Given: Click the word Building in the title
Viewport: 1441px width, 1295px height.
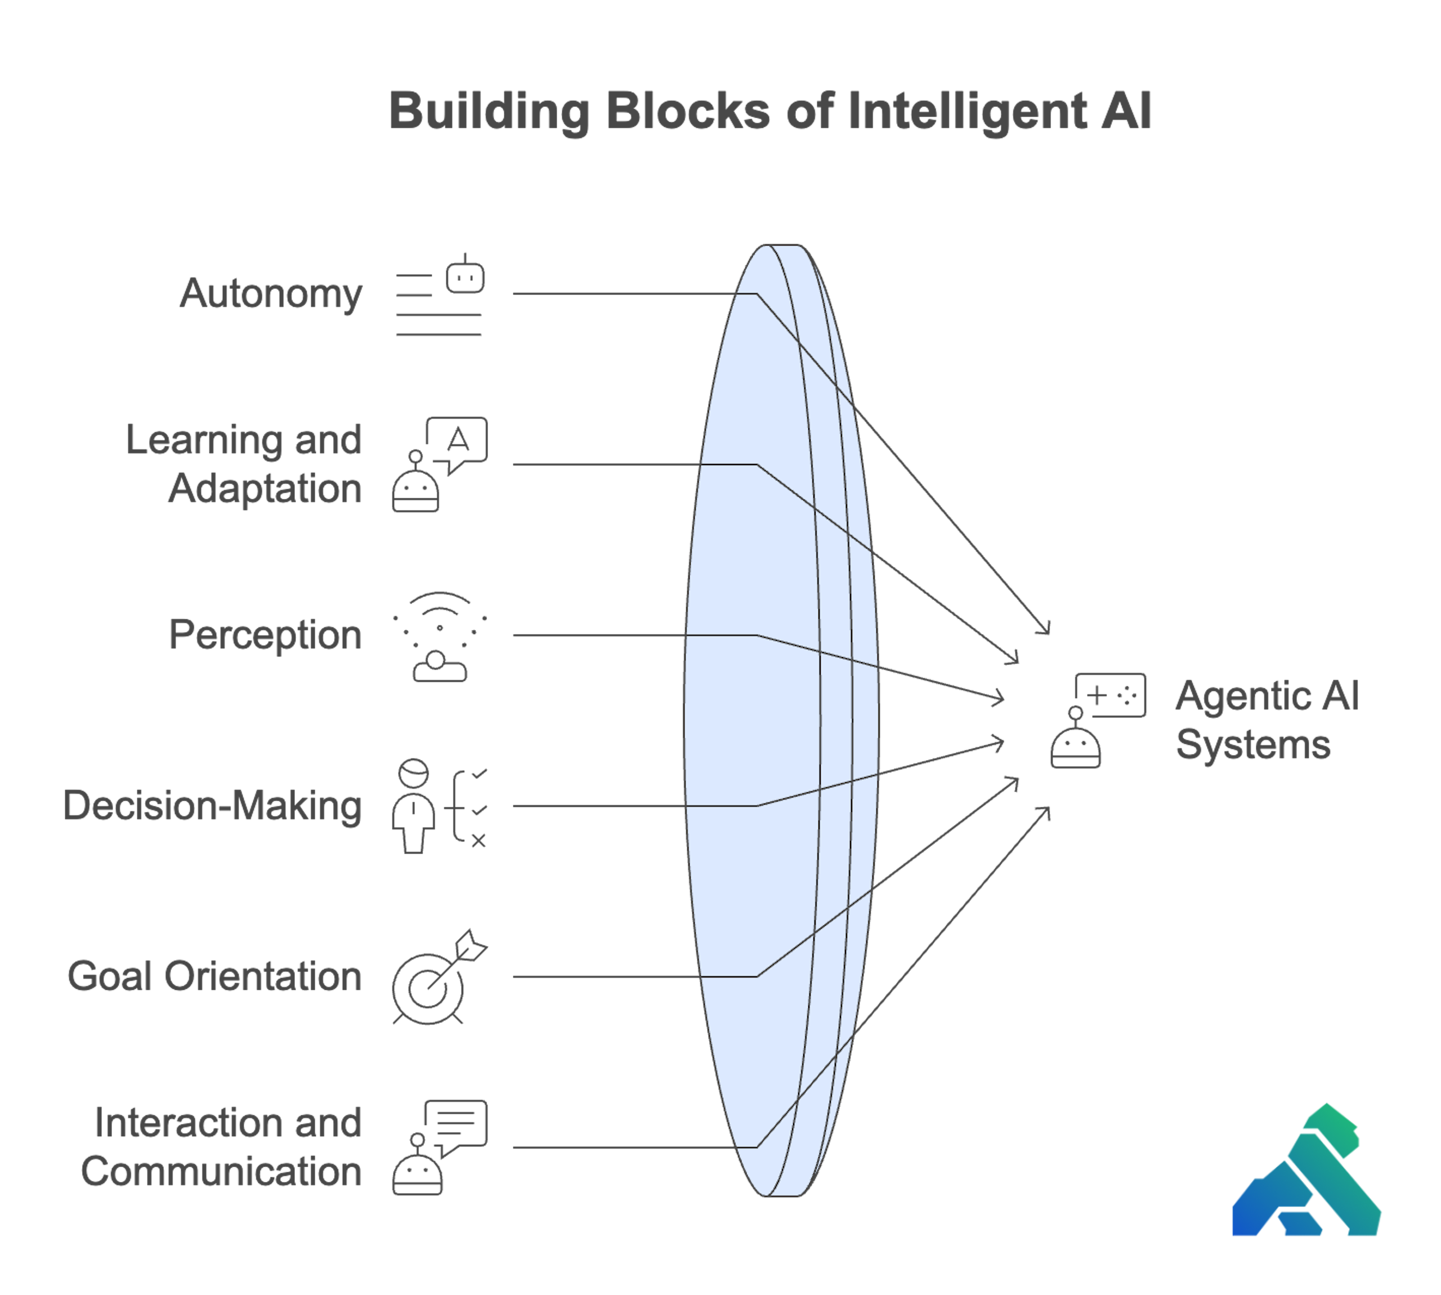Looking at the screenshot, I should (x=489, y=111).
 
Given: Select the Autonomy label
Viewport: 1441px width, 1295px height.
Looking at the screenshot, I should (x=271, y=293).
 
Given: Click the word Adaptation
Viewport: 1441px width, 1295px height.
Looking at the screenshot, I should (x=265, y=489).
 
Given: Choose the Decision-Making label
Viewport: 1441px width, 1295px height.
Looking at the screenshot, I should (x=213, y=806).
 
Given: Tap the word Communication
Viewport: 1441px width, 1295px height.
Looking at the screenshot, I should (x=221, y=1172).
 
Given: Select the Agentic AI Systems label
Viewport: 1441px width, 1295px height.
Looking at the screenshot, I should (x=1267, y=720).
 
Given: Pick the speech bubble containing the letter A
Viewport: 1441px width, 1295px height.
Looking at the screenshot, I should (x=457, y=441).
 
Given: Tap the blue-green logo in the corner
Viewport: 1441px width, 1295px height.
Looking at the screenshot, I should (x=1307, y=1175).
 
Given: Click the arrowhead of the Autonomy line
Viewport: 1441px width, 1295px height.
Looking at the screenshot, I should (x=1045, y=629).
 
